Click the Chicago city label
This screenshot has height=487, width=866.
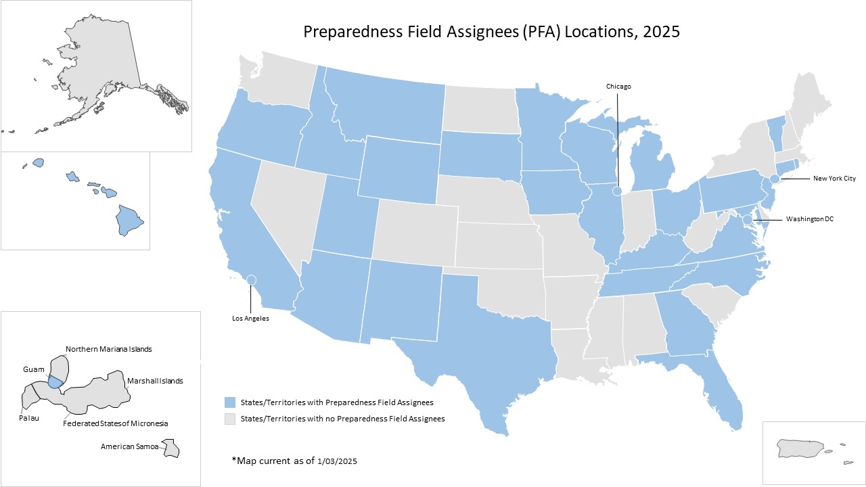click(618, 87)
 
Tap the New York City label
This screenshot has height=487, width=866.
click(834, 179)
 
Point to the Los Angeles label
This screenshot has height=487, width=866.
click(251, 319)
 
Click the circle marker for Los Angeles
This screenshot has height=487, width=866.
click(251, 279)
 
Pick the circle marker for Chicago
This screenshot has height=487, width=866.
click(618, 191)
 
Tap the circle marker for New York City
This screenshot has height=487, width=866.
click(775, 179)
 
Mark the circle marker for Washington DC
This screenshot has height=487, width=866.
click(748, 220)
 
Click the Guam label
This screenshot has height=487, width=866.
click(32, 369)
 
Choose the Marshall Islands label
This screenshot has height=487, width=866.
click(155, 381)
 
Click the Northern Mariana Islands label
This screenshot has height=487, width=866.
click(108, 349)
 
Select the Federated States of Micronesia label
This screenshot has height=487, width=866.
click(115, 423)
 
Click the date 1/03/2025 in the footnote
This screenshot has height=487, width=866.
click(337, 461)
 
